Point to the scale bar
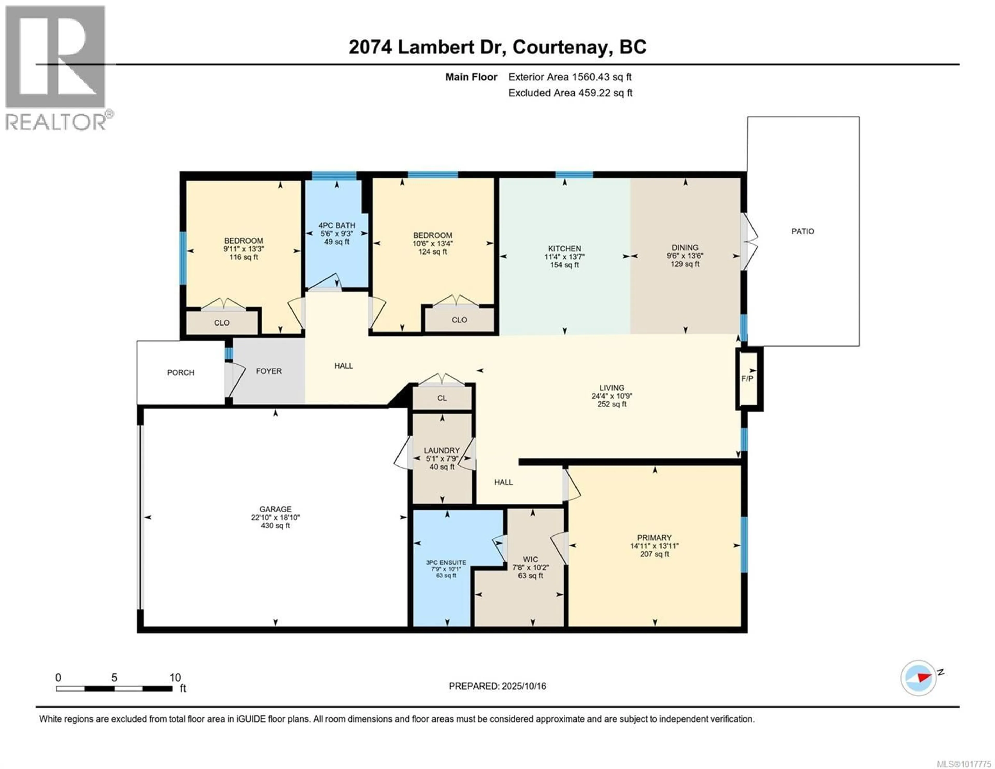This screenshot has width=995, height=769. [x=114, y=688]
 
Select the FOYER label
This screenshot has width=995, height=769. [x=269, y=371]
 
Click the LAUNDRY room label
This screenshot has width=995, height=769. [x=442, y=450]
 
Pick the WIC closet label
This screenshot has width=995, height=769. [x=530, y=559]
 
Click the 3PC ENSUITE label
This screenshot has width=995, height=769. [x=446, y=562]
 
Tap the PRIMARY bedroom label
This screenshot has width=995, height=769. [x=654, y=538]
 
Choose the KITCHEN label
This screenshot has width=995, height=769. [x=564, y=249]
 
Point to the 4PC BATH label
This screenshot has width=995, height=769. [x=337, y=225]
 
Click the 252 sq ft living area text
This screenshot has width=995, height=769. [x=612, y=404]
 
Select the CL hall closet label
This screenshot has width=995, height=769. [x=442, y=398]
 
